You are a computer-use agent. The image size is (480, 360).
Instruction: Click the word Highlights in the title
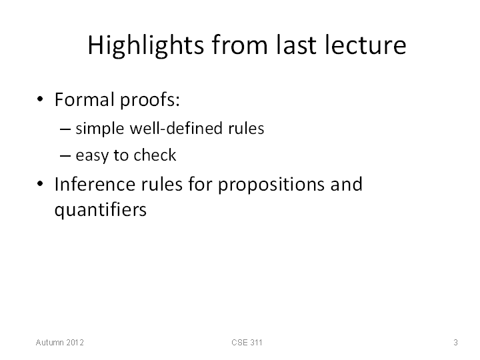coord(146,45)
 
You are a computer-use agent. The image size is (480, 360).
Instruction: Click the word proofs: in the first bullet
coord(150,101)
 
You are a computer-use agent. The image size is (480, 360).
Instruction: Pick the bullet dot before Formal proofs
coord(40,99)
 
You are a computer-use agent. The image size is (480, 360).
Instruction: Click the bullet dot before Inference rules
coord(40,184)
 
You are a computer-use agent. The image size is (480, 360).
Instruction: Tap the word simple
coord(100,129)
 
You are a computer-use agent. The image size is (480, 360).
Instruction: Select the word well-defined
coord(176,127)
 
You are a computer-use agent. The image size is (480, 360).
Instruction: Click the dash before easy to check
coord(65,156)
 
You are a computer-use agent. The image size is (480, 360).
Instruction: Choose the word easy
coord(92,156)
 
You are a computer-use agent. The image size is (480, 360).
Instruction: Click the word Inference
coord(95,184)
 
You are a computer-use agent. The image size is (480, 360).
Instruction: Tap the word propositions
coord(271,185)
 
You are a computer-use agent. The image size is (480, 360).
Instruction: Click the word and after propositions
coord(346,184)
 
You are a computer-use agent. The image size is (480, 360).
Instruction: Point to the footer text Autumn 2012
coord(60,342)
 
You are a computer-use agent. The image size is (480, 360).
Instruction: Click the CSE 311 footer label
coord(247,342)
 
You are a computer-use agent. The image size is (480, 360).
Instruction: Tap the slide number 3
coord(455,342)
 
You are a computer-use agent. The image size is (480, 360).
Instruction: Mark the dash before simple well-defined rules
coord(65,129)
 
